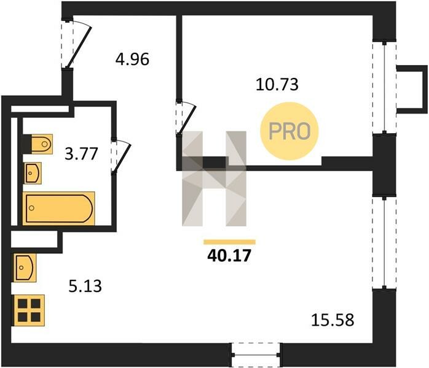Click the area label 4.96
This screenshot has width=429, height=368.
(132, 59)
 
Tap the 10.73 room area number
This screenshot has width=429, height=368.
(277, 84)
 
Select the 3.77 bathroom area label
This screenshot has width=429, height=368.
(81, 153)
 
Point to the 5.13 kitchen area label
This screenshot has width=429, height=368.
(85, 286)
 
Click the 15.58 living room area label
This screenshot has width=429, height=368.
(333, 320)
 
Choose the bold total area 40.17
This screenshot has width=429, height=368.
(229, 256)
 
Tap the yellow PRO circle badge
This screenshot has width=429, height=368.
(289, 131)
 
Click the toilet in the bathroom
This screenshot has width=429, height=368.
(37, 144)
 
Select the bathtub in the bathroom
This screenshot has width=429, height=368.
(59, 209)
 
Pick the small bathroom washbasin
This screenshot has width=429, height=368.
(33, 173)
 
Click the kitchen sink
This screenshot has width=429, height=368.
(25, 268)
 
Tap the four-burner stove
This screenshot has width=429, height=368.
(29, 310)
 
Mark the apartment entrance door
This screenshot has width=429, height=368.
(76, 43)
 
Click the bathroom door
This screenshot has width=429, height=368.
(120, 156)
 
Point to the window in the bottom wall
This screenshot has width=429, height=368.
(256, 355)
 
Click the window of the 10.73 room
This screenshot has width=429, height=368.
(384, 88)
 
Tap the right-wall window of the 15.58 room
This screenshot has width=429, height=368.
(384, 242)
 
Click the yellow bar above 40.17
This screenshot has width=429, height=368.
(229, 242)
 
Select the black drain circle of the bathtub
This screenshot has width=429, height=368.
(31, 208)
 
